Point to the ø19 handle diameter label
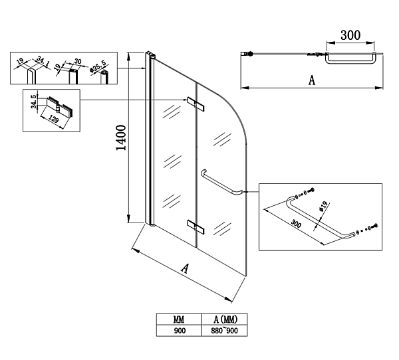(321, 208)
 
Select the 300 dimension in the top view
(350, 35)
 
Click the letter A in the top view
(311, 80)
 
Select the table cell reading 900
(179, 329)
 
